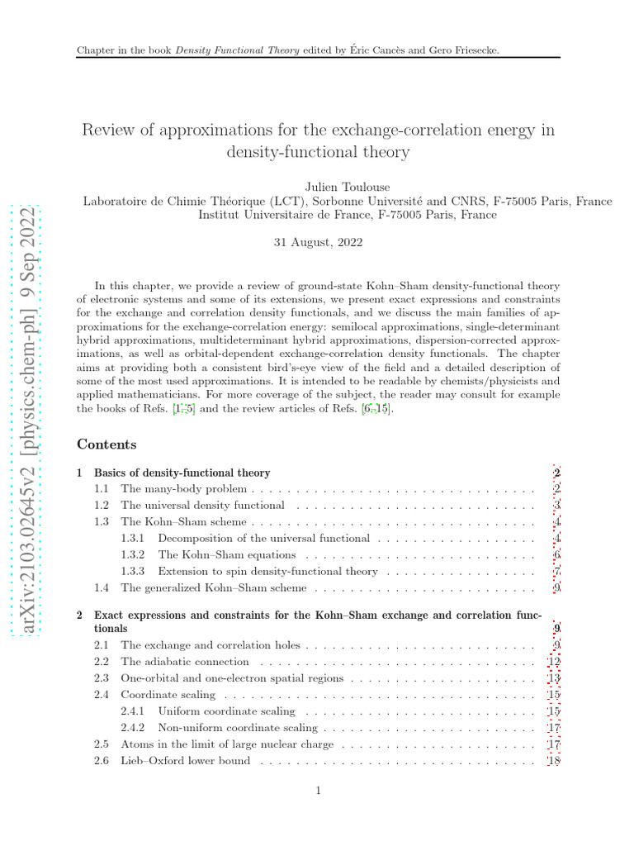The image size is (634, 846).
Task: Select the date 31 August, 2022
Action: [x=317, y=243]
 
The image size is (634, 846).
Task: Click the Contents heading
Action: [x=106, y=444]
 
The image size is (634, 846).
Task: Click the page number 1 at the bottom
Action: [x=318, y=791]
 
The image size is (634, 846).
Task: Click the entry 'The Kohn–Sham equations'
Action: [x=226, y=555]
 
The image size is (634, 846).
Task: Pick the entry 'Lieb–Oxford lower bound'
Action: [x=185, y=761]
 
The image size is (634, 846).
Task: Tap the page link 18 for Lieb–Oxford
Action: [x=555, y=761]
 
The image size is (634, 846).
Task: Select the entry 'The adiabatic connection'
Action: [x=184, y=662]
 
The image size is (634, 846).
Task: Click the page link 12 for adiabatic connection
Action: [x=555, y=662]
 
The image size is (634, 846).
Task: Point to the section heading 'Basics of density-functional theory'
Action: [x=182, y=473]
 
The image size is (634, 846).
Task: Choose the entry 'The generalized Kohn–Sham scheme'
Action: [x=213, y=588]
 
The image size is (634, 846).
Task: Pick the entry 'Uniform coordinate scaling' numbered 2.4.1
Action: [x=226, y=711]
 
